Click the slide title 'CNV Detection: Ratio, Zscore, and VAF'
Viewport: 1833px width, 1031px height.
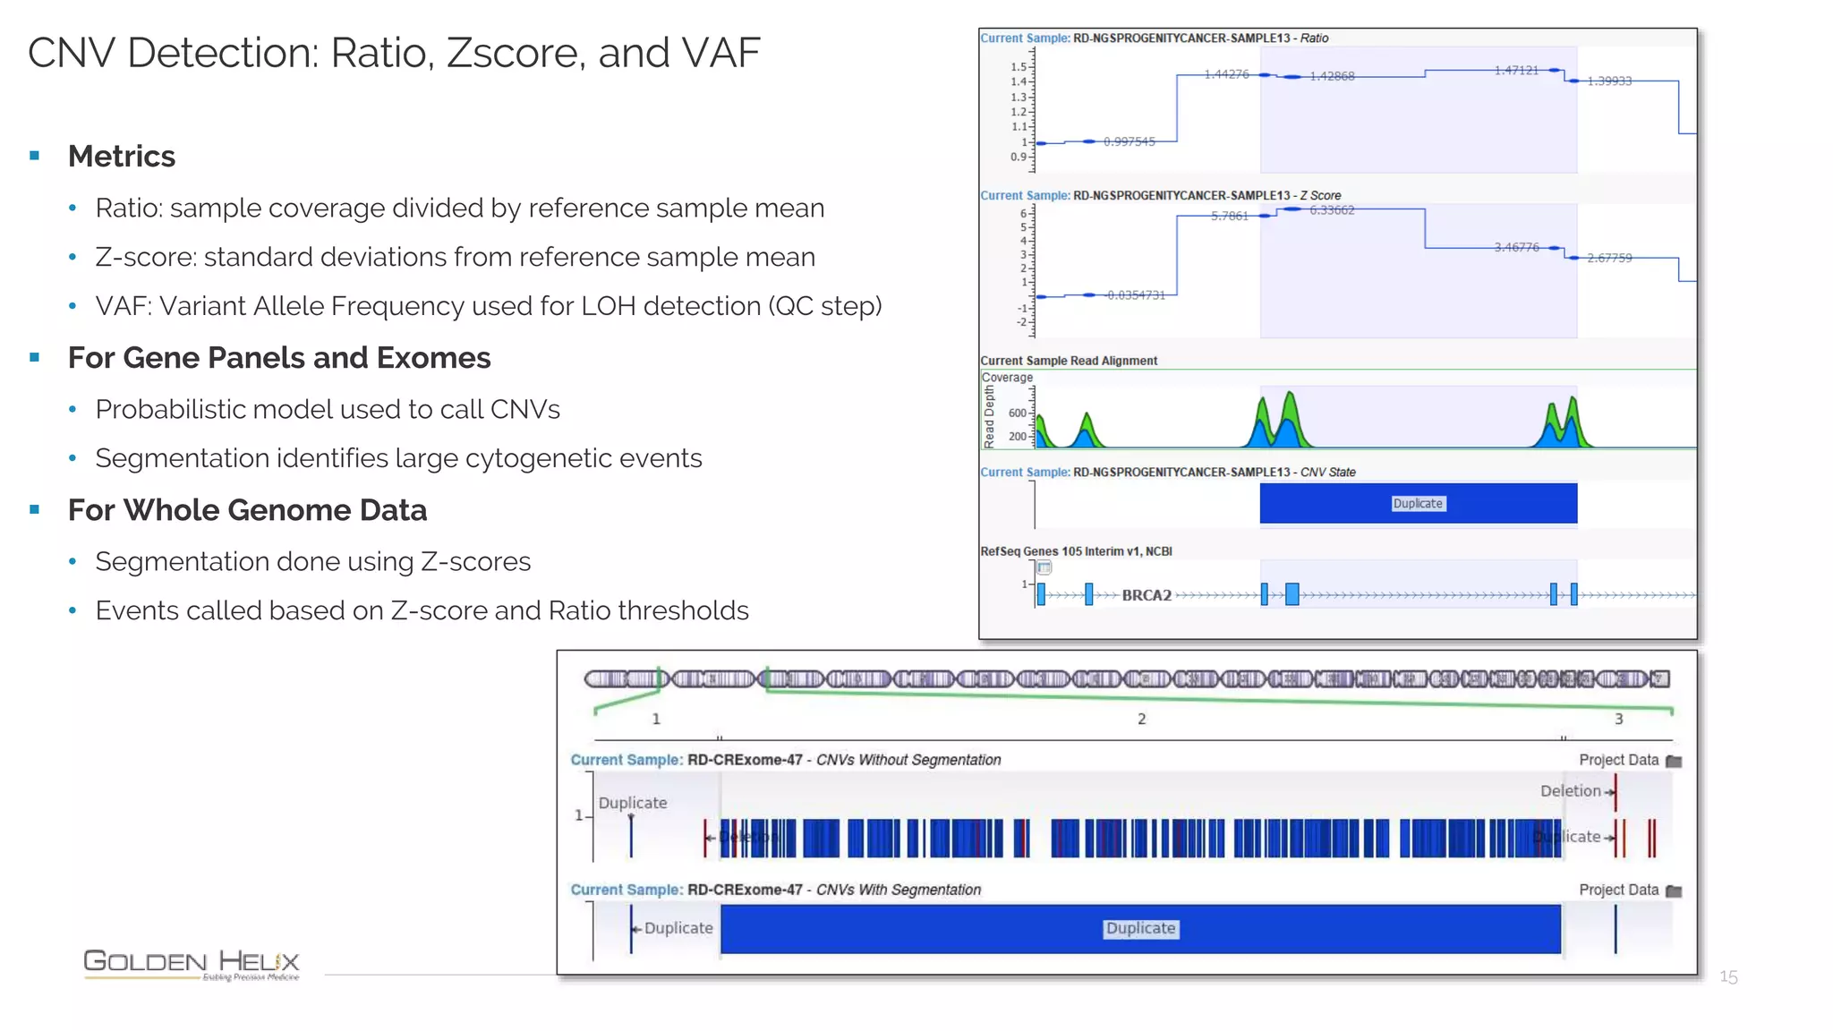point(394,53)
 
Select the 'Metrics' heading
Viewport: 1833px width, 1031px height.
point(122,157)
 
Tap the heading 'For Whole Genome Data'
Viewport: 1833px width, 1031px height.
point(247,510)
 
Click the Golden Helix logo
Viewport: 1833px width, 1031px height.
point(192,964)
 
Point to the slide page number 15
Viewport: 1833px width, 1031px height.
point(1728,977)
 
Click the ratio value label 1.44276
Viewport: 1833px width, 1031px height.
point(1226,74)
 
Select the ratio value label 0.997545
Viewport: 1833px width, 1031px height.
point(1129,141)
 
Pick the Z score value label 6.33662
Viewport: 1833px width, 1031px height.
point(1332,210)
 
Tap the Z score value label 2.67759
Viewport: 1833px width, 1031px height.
point(1609,258)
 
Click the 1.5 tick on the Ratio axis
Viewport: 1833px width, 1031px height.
point(1019,67)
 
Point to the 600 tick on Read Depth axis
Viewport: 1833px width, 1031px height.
point(1018,413)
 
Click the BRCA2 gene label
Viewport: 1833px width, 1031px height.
point(1147,595)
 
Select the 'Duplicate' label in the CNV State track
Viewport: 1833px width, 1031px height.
point(1418,504)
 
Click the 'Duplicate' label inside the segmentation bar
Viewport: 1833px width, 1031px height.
point(1140,929)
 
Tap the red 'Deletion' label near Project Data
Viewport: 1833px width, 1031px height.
point(1571,791)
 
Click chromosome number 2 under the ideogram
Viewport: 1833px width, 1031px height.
point(1141,719)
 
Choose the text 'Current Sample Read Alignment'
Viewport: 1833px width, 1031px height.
point(1069,361)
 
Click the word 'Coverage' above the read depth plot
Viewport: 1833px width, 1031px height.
point(1007,378)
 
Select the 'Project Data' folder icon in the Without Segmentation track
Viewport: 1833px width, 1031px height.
point(1674,762)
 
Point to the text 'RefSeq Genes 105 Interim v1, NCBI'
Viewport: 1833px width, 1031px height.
point(1076,551)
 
